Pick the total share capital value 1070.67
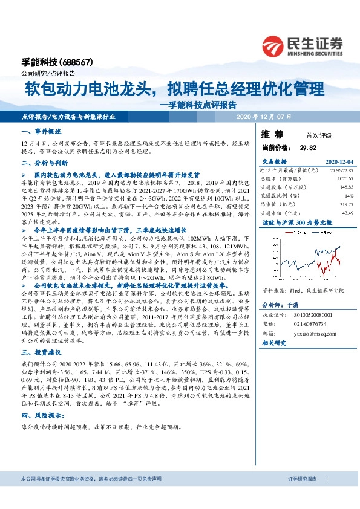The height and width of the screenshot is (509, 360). pos(344,179)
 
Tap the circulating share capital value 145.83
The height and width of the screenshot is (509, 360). pos(345,187)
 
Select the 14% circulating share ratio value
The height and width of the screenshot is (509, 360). pos(348,196)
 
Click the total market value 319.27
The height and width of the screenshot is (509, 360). pos(345,204)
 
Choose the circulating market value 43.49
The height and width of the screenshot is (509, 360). pos(347,213)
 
